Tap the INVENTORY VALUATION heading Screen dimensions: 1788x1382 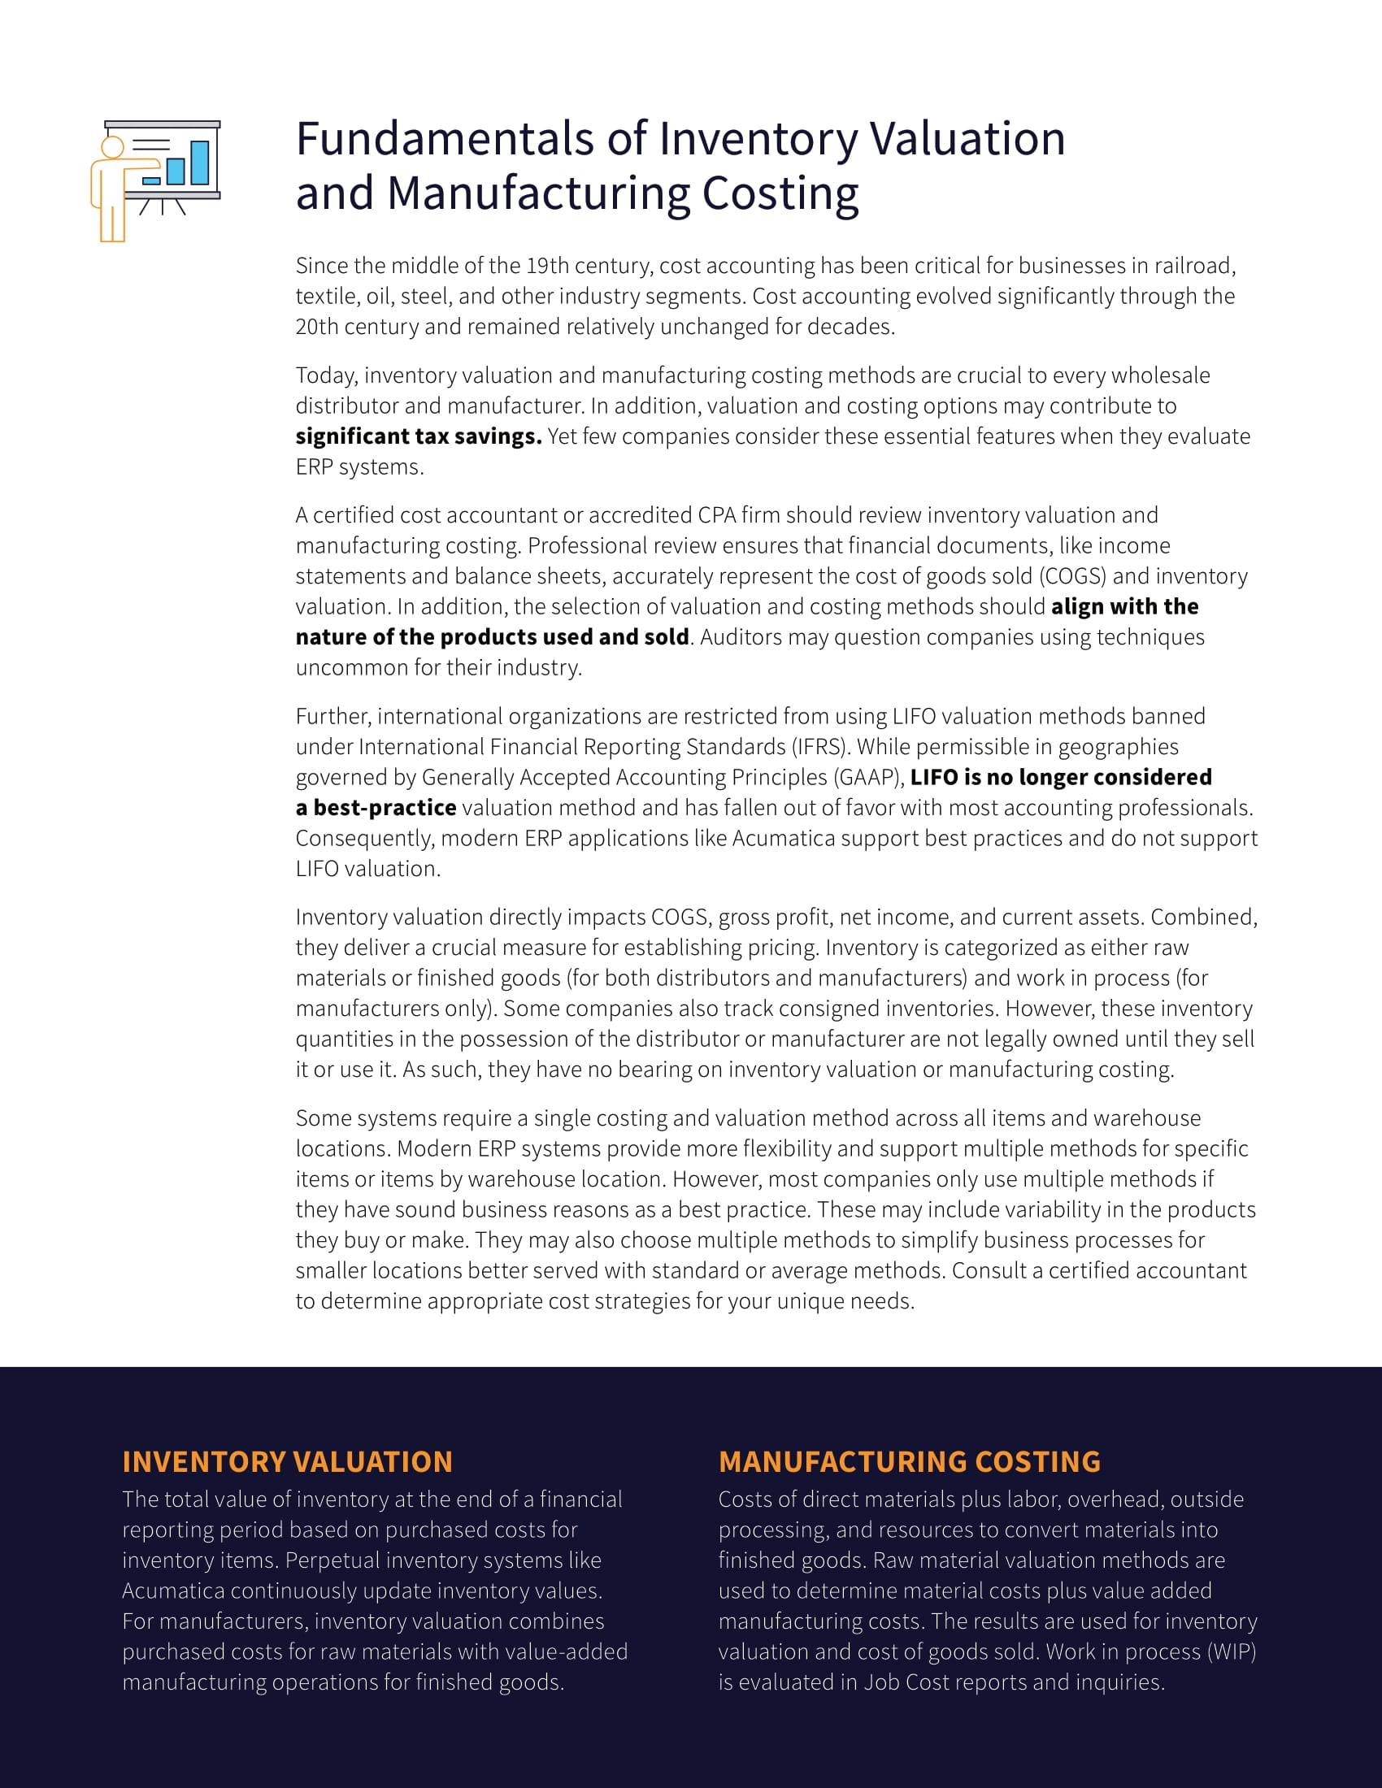tap(286, 1461)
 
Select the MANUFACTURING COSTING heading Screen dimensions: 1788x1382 tap(909, 1461)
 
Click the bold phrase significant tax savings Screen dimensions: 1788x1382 tap(419, 436)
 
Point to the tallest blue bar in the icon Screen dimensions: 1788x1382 tap(200, 162)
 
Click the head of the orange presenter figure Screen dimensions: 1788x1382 tap(112, 147)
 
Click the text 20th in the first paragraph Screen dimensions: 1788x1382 tap(317, 327)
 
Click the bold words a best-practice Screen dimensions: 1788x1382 tap(376, 808)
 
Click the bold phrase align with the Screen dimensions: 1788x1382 tap(1124, 606)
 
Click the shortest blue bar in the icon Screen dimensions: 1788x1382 tap(151, 181)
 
